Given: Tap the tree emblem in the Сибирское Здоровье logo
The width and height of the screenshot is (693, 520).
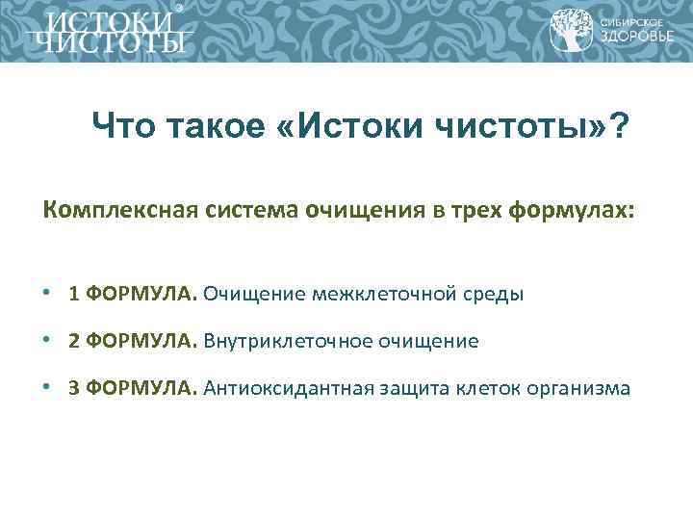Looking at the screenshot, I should (570, 30).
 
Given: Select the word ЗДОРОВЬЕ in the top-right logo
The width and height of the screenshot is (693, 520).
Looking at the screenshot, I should (631, 39).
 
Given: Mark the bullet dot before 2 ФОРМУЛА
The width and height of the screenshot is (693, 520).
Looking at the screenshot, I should (47, 342).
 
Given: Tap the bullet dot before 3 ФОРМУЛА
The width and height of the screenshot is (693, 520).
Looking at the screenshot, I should (47, 389).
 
